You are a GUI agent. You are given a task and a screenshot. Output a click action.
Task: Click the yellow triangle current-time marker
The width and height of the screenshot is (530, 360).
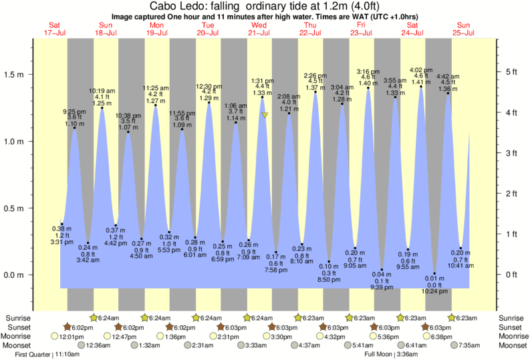click(265, 116)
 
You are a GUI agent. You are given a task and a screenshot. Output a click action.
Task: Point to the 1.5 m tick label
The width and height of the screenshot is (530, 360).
click(15, 75)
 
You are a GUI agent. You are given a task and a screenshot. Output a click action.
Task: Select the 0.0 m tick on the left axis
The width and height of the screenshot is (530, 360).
click(15, 275)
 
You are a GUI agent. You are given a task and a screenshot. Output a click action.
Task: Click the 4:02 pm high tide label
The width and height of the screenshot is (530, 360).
click(421, 69)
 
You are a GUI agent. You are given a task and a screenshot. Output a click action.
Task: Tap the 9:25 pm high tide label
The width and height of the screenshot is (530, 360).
click(74, 112)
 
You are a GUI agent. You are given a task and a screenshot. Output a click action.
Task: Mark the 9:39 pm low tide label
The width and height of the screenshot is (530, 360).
click(382, 288)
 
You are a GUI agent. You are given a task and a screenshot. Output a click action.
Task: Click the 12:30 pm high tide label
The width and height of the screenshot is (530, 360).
click(209, 86)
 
